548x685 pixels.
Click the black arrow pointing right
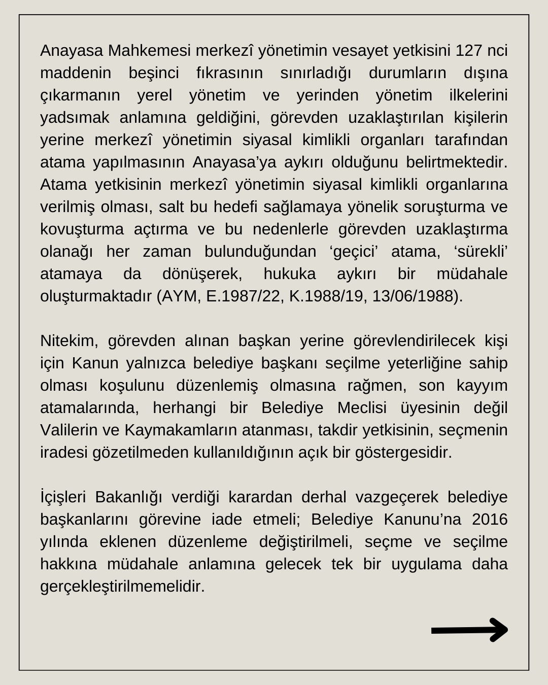click(x=469, y=630)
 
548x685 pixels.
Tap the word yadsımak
click(x=75, y=118)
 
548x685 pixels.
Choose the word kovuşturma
click(x=82, y=229)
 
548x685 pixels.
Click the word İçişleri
click(x=63, y=497)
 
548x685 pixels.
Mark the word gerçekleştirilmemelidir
click(x=122, y=587)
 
